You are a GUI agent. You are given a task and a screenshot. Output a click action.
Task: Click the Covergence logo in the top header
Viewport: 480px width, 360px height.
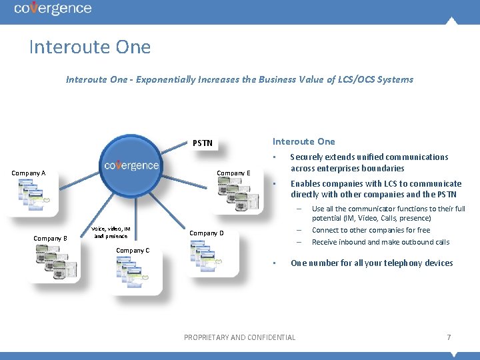pos(53,9)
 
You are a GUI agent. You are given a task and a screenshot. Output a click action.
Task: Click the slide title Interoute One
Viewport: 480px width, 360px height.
pos(90,47)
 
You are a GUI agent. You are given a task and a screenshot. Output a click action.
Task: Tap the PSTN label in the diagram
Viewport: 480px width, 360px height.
pos(203,143)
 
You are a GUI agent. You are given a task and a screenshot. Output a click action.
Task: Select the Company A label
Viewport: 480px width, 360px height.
pos(29,173)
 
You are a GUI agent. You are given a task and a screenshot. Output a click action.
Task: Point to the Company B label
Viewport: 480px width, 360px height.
pos(51,238)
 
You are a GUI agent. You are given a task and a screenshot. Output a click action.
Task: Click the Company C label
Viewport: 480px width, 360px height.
pos(133,251)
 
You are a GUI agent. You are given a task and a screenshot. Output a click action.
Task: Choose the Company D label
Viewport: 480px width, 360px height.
pos(207,233)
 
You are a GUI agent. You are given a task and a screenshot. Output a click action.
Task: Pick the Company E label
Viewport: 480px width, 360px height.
pos(233,173)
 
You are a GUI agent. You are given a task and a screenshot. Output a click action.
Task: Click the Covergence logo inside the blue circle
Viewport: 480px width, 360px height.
pos(131,165)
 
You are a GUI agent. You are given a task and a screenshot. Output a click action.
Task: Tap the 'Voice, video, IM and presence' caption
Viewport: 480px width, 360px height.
pos(111,232)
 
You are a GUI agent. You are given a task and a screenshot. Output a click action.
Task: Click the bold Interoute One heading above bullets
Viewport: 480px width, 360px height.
pos(303,141)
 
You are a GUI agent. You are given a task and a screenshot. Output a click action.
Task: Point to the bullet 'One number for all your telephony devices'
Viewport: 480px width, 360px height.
pos(371,263)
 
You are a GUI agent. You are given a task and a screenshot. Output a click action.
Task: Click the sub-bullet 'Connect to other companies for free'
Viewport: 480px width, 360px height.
pos(371,230)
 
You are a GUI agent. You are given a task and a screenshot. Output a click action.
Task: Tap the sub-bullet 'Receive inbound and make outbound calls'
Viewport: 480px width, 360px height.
pos(380,242)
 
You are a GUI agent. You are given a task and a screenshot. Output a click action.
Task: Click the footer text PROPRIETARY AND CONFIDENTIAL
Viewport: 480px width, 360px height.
pos(239,337)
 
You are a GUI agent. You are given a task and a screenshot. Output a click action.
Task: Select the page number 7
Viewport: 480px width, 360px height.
pos(449,337)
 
